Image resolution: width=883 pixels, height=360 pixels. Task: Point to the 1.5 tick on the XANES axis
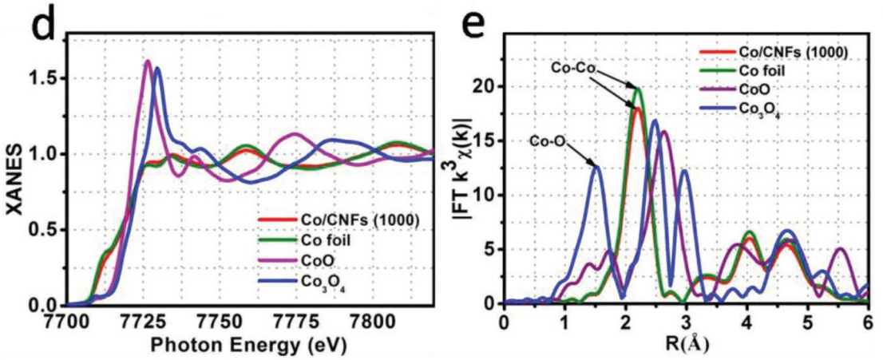tap(43, 78)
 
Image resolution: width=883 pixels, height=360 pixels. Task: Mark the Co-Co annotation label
tap(573, 69)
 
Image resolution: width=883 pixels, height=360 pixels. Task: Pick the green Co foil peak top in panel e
tap(636, 88)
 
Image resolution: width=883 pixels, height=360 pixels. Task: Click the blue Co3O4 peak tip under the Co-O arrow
tap(595, 166)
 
